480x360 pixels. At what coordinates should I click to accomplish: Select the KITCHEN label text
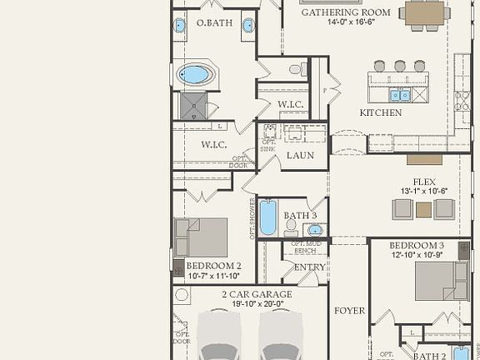click(x=380, y=112)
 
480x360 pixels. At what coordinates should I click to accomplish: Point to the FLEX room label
click(x=425, y=182)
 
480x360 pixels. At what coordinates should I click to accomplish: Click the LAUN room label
click(x=299, y=155)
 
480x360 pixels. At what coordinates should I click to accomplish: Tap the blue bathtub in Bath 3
click(x=268, y=217)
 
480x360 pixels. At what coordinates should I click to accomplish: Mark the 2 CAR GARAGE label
click(x=256, y=295)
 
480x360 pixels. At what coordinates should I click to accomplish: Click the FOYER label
click(x=349, y=311)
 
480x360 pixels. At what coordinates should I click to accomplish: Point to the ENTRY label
click(x=309, y=267)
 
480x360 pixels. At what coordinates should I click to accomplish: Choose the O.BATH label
click(x=213, y=23)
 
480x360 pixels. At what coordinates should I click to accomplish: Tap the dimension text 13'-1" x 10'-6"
click(x=425, y=192)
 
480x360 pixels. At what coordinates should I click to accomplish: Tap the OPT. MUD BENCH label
click(x=303, y=247)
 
